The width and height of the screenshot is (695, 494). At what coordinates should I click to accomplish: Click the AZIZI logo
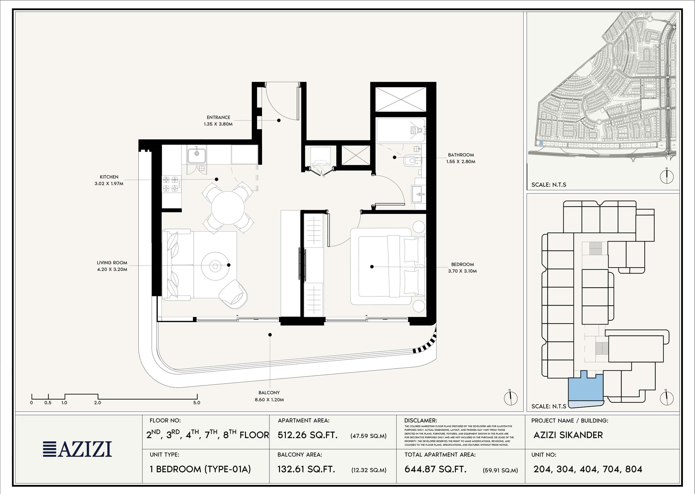coord(78,449)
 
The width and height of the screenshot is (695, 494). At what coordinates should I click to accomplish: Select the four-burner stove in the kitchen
coord(171,184)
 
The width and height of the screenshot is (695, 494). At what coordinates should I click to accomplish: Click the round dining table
coord(228,208)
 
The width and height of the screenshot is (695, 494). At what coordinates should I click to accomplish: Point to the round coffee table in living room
coord(215,266)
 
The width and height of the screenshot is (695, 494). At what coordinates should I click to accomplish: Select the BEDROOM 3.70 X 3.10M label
coord(462,268)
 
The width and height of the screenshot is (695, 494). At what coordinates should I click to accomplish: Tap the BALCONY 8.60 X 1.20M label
coord(269,396)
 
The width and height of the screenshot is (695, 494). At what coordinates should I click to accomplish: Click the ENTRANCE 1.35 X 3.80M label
coord(218,120)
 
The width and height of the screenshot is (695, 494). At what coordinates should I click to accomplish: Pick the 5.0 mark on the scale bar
coord(197,403)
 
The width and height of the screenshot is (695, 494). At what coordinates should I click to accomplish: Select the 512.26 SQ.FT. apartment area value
coord(307,435)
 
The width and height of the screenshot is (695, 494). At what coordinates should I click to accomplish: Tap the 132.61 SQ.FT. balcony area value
coord(306,469)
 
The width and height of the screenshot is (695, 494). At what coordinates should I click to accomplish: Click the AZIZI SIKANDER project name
coord(568,435)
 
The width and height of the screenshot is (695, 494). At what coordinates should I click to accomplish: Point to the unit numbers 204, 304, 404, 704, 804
coord(588,469)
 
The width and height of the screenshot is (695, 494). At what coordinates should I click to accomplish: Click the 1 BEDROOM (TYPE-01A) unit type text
coord(200,469)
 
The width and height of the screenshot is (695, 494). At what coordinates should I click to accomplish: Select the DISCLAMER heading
coord(420,421)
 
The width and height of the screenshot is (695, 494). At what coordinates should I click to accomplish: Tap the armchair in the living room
coord(233,294)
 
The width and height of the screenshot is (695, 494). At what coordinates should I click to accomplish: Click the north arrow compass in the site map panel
coord(667,176)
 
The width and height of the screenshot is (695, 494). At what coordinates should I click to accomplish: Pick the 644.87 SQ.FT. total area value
coord(435,469)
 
